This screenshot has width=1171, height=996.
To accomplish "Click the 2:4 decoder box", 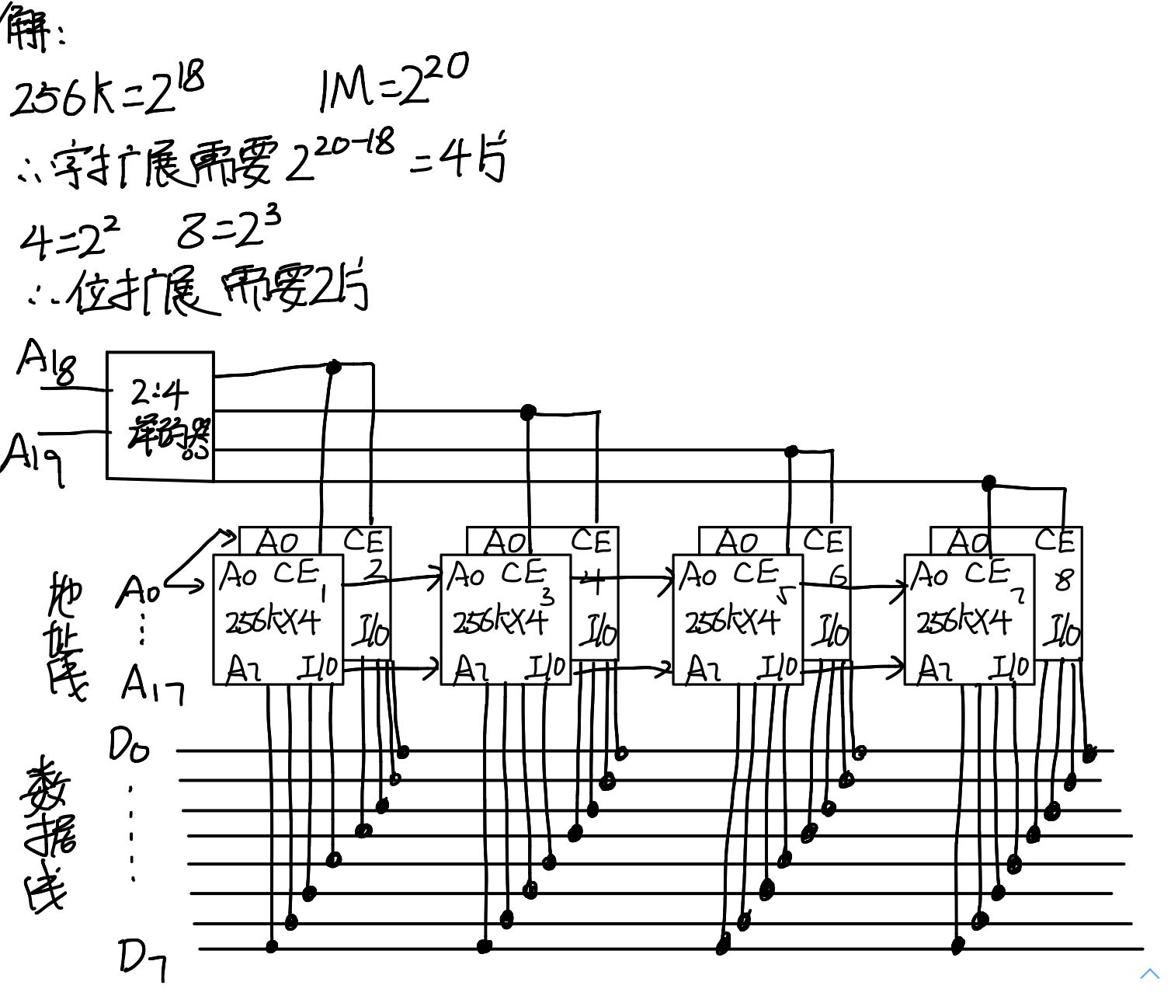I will pos(160,416).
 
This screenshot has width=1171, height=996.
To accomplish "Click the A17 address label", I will pos(152,685).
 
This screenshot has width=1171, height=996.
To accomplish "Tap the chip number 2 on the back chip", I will pos(375,570).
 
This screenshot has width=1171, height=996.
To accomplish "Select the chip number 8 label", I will pos(1064,580).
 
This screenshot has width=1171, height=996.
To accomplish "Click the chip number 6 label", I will pos(837,576).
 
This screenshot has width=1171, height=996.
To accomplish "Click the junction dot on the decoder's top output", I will pos(334,366).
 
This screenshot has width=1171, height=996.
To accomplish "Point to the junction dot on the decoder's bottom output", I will pos(988,483).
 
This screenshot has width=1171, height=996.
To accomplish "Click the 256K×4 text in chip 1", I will pos(273,622).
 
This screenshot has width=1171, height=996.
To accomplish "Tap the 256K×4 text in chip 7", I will pos(964,622).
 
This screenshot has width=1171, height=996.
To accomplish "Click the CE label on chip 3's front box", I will pos(523,573).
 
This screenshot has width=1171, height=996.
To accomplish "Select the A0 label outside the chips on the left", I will pos(139,593).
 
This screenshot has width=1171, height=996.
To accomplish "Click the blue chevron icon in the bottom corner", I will pos(1149,973).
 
